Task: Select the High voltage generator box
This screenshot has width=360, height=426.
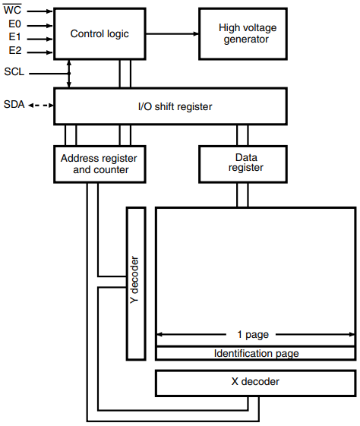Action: pos(244,33)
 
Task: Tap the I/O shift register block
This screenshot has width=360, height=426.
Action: pos(170,106)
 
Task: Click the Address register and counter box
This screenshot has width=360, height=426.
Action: pos(100,163)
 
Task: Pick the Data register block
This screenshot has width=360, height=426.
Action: pos(244,163)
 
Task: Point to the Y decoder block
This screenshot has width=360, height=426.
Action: pos(136,282)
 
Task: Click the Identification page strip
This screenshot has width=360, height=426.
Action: pos(256,353)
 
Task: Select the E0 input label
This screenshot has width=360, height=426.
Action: pos(13,25)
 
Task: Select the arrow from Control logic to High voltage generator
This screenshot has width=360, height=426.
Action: pos(173,33)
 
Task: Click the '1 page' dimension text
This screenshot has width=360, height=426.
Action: pos(254,334)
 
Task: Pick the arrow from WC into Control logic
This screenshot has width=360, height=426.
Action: pos(42,11)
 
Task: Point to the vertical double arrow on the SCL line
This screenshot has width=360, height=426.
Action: pos(70,74)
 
